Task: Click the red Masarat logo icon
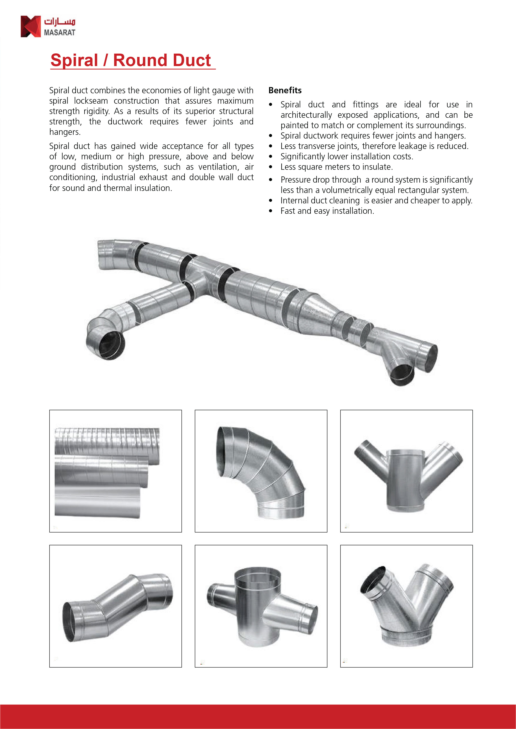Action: (31, 26)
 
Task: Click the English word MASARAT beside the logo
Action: (59, 32)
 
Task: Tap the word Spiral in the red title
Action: (74, 60)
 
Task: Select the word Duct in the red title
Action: (192, 60)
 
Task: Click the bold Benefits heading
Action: (285, 91)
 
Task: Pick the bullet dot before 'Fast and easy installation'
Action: (270, 211)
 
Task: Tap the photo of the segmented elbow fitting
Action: (261, 471)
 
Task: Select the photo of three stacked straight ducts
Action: (115, 471)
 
